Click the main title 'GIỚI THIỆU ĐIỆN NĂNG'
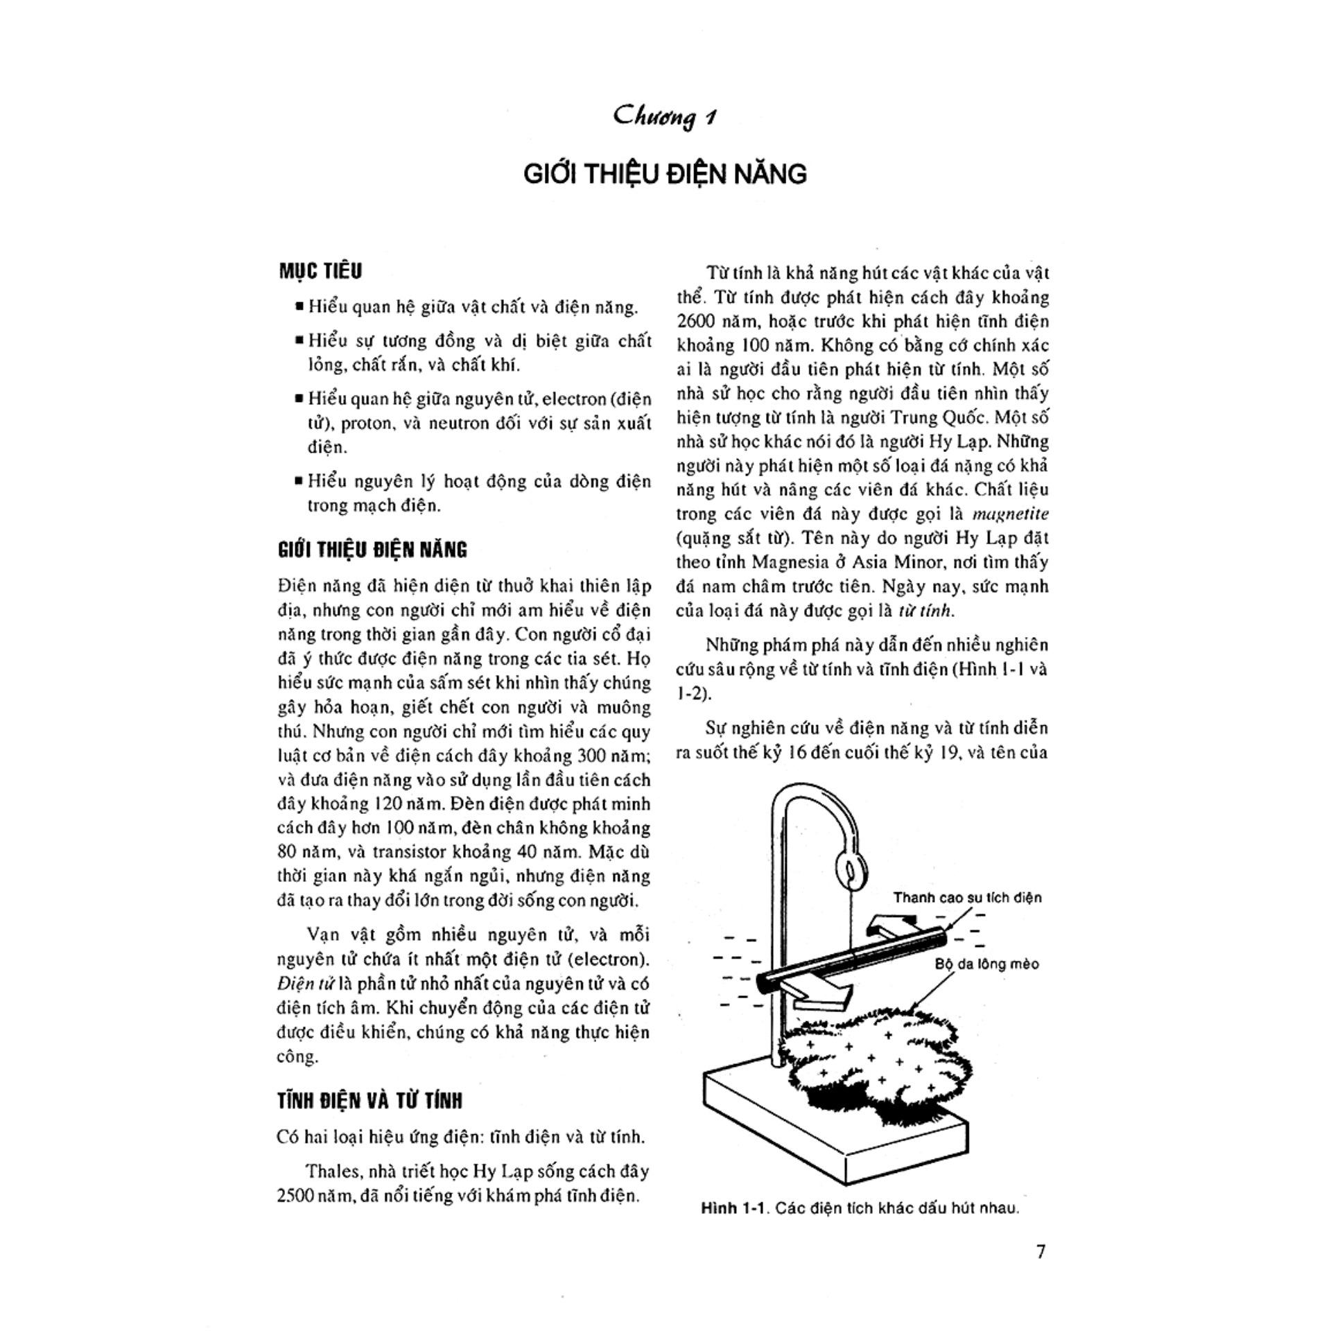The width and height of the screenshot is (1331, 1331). (665, 173)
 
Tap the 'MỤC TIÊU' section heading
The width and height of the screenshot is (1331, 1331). (320, 271)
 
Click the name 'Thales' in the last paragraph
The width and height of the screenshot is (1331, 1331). (333, 1172)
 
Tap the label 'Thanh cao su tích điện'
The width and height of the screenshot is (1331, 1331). (967, 898)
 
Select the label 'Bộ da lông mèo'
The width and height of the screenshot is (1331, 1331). (986, 964)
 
